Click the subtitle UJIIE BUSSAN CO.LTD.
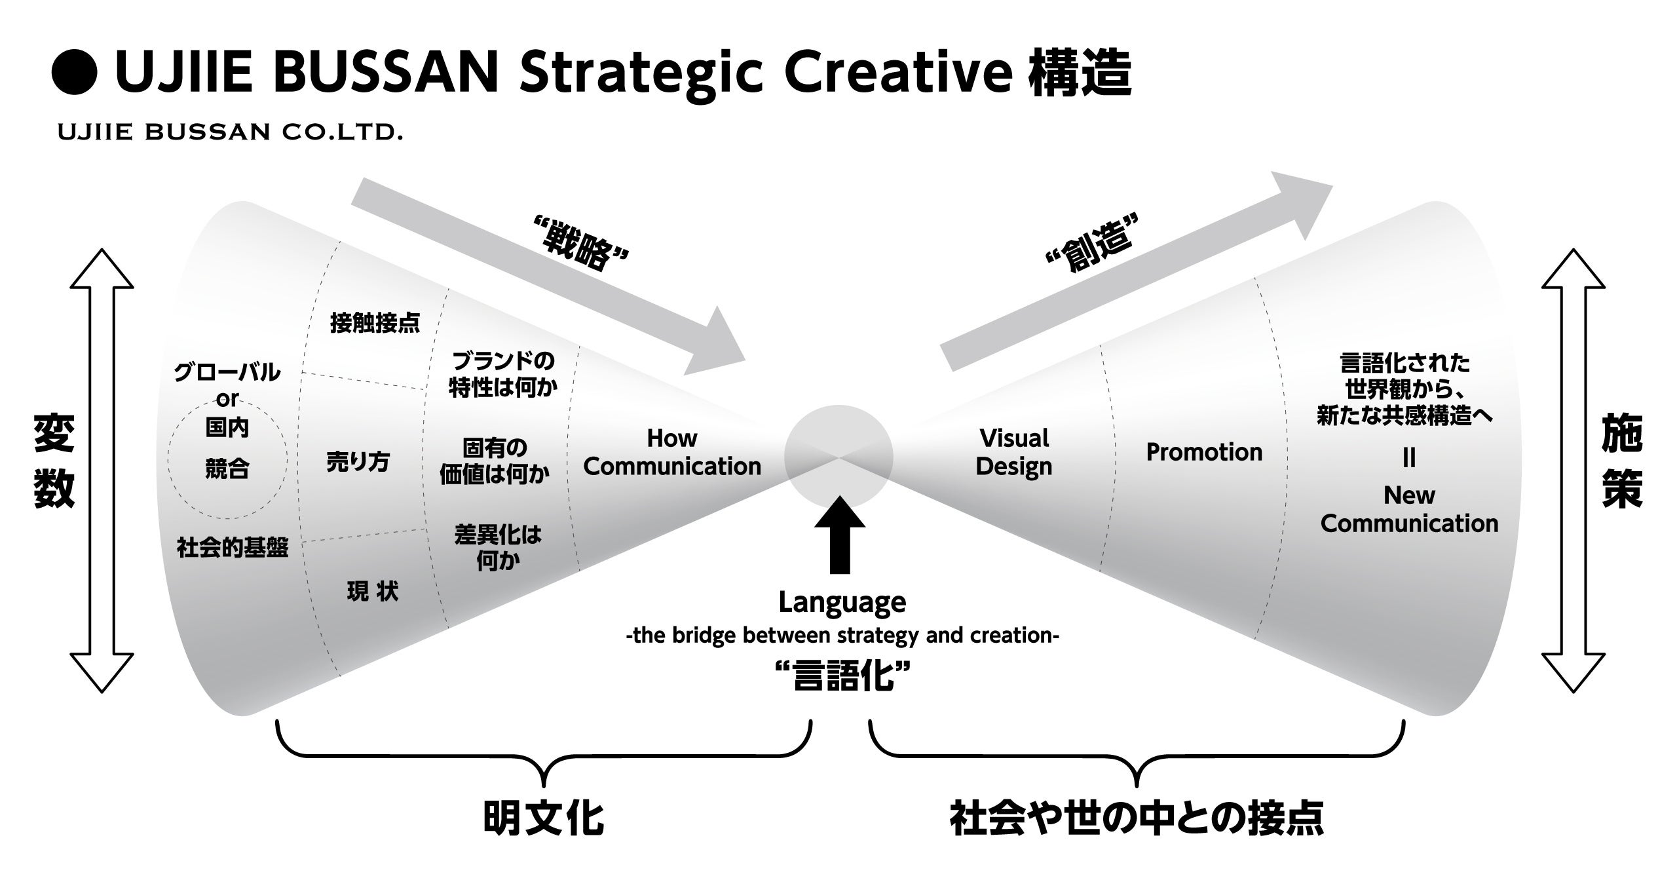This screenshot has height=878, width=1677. pyautogui.click(x=230, y=132)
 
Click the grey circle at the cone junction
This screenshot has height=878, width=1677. pyautogui.click(x=838, y=455)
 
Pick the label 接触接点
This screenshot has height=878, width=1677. pyautogui.click(x=375, y=322)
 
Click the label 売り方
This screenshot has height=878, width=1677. pyautogui.click(x=358, y=462)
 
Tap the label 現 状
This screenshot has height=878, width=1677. pyautogui.click(x=372, y=592)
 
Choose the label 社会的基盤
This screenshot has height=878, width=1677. pyautogui.click(x=233, y=547)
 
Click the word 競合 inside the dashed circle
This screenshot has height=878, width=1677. pyautogui.click(x=227, y=468)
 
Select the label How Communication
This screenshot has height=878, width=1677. pyautogui.click(x=672, y=452)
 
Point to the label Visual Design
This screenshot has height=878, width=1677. pyautogui.click(x=1014, y=452)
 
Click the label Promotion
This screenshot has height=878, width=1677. pyautogui.click(x=1204, y=452)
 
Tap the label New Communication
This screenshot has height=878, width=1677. pyautogui.click(x=1409, y=509)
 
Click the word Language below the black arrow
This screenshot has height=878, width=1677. pyautogui.click(x=842, y=602)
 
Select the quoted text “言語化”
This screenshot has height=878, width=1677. pyautogui.click(x=842, y=676)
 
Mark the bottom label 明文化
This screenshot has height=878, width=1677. pyautogui.click(x=543, y=818)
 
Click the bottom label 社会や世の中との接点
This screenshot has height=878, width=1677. pyautogui.click(x=1137, y=818)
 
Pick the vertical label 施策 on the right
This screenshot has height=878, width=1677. pyautogui.click(x=1622, y=462)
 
